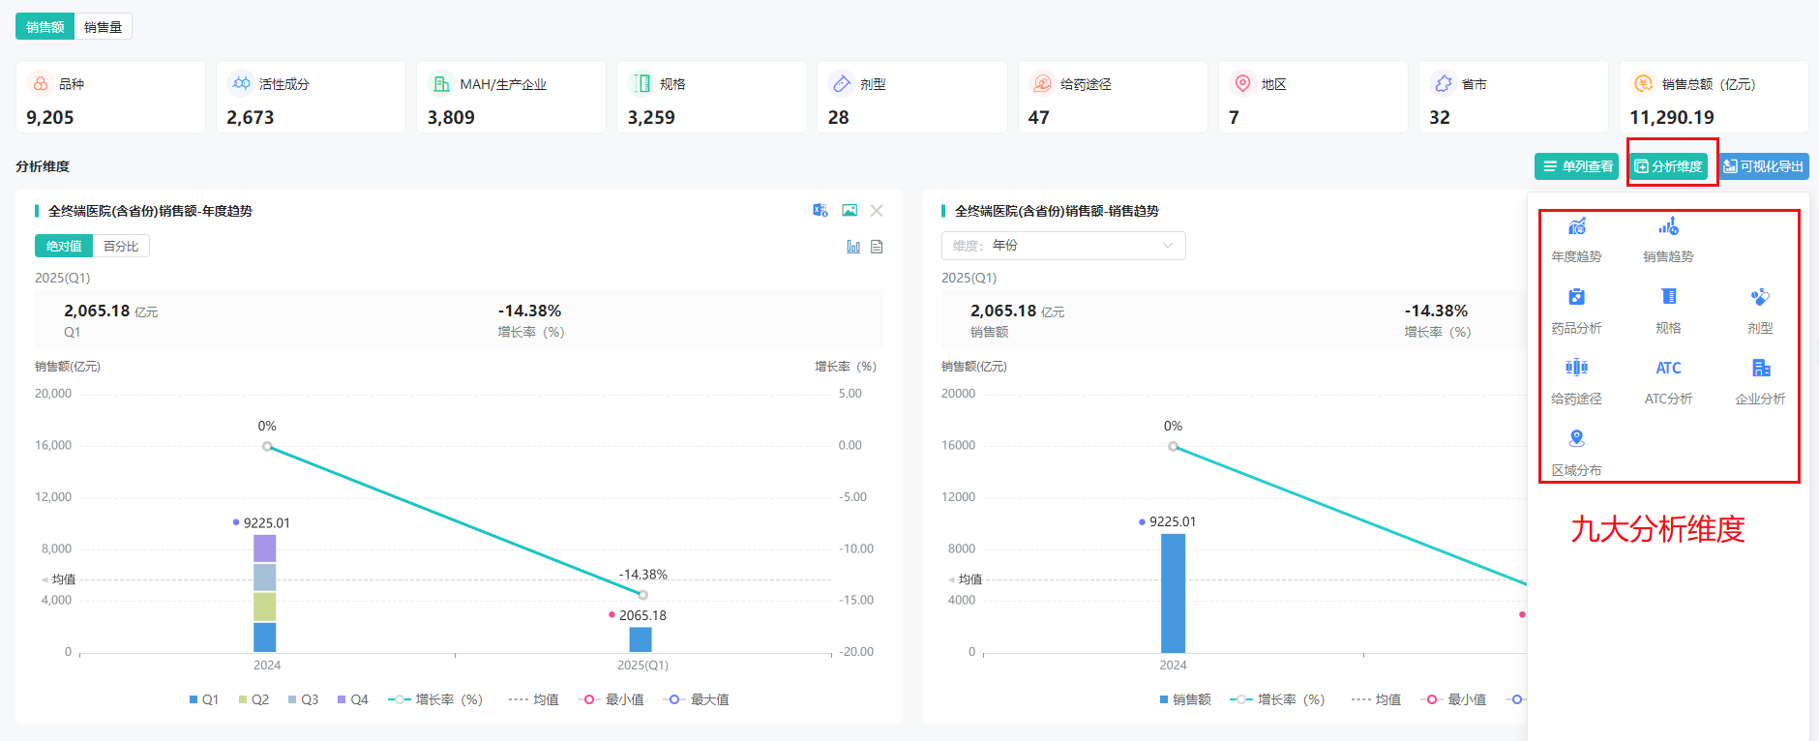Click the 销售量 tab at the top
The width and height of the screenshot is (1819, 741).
(x=103, y=27)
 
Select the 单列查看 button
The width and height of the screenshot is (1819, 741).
(x=1576, y=166)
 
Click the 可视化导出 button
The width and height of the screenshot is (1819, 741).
(x=1764, y=166)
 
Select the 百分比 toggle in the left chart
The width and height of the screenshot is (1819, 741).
(x=121, y=247)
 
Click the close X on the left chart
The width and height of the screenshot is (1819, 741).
(x=877, y=211)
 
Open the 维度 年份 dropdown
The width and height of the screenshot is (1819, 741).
(x=1062, y=246)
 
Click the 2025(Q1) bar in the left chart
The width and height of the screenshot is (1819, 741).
(x=641, y=639)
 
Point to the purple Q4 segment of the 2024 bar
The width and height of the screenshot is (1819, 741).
(x=265, y=548)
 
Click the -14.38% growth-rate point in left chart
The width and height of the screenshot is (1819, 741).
(x=642, y=594)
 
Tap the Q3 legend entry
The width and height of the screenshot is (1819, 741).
(x=303, y=699)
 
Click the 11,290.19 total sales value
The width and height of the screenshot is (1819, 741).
(x=1671, y=117)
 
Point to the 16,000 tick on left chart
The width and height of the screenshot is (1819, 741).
(x=53, y=445)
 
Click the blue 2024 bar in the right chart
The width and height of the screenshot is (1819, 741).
(x=1173, y=593)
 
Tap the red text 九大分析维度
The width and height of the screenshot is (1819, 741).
(x=1657, y=529)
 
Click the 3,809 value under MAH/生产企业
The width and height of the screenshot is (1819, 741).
(x=451, y=117)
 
